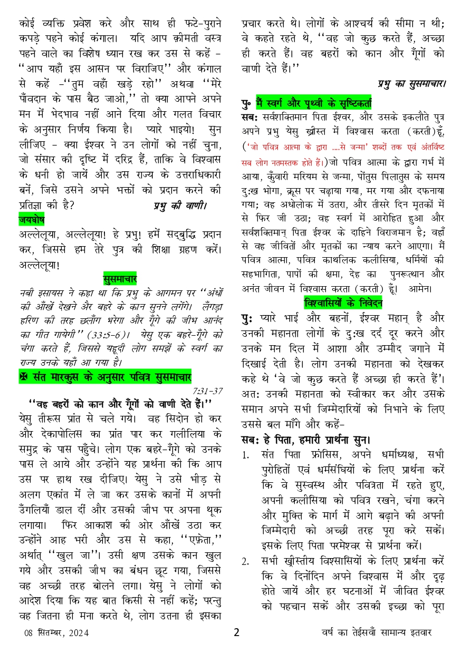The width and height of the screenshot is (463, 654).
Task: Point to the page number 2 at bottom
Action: [237, 632]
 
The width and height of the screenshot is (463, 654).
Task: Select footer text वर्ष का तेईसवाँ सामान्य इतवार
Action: [377, 633]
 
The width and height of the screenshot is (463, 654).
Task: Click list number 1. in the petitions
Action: [246, 454]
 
